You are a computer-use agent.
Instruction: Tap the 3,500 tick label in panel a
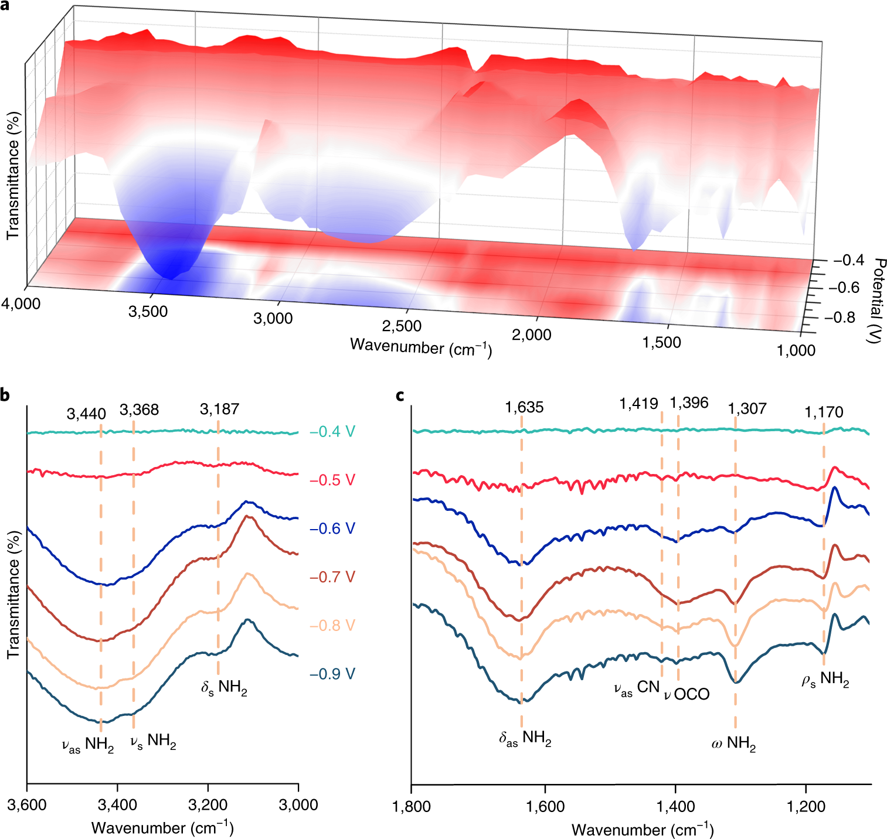tap(148, 311)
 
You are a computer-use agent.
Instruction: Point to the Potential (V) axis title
tap(877, 300)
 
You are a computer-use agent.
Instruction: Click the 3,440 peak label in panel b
tap(86, 414)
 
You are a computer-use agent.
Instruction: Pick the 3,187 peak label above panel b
tap(219, 409)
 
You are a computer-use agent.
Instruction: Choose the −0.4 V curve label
tap(332, 432)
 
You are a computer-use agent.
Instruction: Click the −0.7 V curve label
tap(332, 577)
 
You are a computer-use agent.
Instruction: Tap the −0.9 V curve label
tap(332, 674)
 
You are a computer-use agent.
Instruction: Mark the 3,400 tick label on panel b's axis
tap(117, 804)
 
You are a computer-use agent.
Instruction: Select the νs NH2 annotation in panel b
tap(153, 742)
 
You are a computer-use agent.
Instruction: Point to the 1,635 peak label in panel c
tap(524, 407)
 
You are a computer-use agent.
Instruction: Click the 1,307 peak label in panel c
tap(747, 408)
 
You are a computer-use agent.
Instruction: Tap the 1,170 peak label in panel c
tap(824, 412)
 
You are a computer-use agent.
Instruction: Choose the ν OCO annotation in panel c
tap(687, 694)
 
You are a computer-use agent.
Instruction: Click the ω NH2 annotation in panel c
tap(733, 744)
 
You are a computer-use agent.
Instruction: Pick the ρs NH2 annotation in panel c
tap(825, 680)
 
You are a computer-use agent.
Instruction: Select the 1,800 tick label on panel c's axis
tap(412, 807)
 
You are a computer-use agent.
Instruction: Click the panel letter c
tap(400, 395)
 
